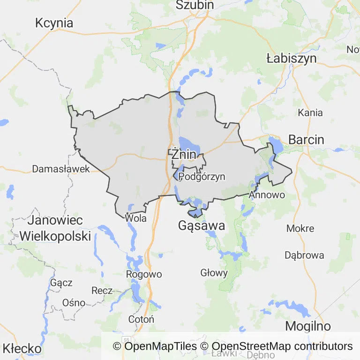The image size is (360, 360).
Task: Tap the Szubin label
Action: pyautogui.click(x=195, y=5)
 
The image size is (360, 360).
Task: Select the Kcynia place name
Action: pyautogui.click(x=54, y=23)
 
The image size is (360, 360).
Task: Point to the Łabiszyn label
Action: pyautogui.click(x=291, y=59)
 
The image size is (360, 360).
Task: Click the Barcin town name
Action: pyautogui.click(x=306, y=139)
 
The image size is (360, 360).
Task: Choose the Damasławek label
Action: pyautogui.click(x=61, y=169)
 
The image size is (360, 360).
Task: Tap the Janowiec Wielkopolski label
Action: pyautogui.click(x=55, y=228)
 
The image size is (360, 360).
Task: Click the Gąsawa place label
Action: pyautogui.click(x=202, y=226)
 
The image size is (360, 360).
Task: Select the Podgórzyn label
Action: pyautogui.click(x=202, y=177)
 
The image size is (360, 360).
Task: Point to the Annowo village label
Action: pyautogui.click(x=267, y=194)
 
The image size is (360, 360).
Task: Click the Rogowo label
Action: pyautogui.click(x=144, y=274)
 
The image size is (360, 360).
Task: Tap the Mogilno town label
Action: pyautogui.click(x=308, y=326)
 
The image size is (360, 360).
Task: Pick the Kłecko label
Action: pyautogui.click(x=22, y=349)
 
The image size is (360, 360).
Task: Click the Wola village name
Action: pyautogui.click(x=136, y=218)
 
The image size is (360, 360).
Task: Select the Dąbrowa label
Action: pyautogui.click(x=304, y=255)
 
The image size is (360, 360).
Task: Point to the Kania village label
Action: pyautogui.click(x=310, y=112)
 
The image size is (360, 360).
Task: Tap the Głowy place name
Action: pyautogui.click(x=214, y=273)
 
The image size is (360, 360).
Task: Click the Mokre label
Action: pyautogui.click(x=300, y=228)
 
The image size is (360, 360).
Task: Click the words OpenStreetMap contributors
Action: pyautogui.click(x=282, y=346)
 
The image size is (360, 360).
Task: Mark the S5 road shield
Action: pyautogui.click(x=126, y=339)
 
